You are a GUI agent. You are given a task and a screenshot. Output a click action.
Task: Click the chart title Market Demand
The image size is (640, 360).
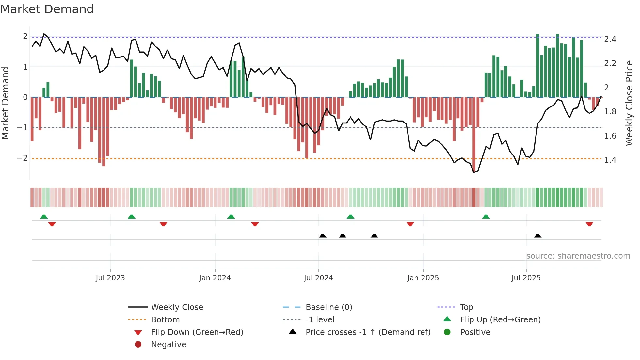pyautogui.click(x=47, y=9)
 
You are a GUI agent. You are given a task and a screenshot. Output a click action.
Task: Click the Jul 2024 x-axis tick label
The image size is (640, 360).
pyautogui.click(x=318, y=278)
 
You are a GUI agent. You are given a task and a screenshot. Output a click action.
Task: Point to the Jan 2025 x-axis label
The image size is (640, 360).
pyautogui.click(x=423, y=278)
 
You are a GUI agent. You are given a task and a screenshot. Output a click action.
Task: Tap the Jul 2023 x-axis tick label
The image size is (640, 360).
pyautogui.click(x=110, y=278)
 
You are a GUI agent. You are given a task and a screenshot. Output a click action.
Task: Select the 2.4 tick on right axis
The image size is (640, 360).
pyautogui.click(x=610, y=39)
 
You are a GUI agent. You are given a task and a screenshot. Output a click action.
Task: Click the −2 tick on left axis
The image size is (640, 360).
pyautogui.click(x=23, y=158)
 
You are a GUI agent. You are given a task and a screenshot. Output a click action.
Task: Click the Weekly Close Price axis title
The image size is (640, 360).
pyautogui.click(x=629, y=103)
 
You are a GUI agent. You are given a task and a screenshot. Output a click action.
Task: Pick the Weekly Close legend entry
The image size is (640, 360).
pyautogui.click(x=177, y=307)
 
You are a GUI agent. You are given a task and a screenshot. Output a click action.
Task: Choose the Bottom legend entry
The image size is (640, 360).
pyautogui.click(x=165, y=320)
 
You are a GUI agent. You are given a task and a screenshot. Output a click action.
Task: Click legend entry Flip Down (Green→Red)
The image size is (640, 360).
pyautogui.click(x=197, y=332)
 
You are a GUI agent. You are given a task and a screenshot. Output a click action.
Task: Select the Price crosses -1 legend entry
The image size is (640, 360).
pyautogui.click(x=368, y=332)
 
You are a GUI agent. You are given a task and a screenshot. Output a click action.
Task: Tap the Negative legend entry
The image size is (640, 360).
pyautogui.click(x=168, y=345)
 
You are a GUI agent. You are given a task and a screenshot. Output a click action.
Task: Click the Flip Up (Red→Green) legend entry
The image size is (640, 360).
pyautogui.click(x=500, y=320)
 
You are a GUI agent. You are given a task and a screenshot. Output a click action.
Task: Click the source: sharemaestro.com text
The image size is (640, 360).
pyautogui.click(x=578, y=256)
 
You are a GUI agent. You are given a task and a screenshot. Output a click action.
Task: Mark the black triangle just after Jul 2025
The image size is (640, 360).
pyautogui.click(x=537, y=236)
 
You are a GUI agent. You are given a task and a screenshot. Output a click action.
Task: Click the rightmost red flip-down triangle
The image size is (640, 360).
pyautogui.click(x=589, y=224)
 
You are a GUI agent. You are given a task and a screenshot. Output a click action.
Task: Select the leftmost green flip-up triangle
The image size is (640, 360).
pyautogui.click(x=44, y=217)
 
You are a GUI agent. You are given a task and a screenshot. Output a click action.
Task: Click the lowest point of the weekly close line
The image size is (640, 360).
pyautogui.click(x=474, y=172)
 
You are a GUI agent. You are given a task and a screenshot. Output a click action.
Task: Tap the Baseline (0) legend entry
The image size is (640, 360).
pyautogui.click(x=328, y=307)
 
